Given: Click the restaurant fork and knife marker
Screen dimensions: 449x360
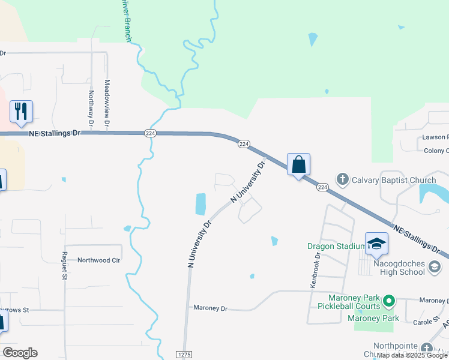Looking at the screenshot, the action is [21, 112].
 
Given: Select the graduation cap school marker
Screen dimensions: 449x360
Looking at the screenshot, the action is [376, 243].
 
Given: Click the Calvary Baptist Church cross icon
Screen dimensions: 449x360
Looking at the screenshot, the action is [342, 179].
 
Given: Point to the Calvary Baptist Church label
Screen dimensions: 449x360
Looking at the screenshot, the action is [393, 179].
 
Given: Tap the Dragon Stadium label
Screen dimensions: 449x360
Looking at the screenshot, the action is [336, 246].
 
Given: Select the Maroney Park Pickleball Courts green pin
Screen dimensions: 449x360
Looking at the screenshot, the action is [389, 299].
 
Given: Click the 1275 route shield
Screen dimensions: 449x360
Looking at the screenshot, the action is [184, 355].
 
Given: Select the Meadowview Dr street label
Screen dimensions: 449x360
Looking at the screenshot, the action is [107, 103].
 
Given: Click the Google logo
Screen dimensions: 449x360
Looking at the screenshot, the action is [20, 353].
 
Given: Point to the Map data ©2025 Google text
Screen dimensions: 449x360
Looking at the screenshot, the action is [412, 355].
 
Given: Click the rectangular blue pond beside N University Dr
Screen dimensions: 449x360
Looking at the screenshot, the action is [200, 204].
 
